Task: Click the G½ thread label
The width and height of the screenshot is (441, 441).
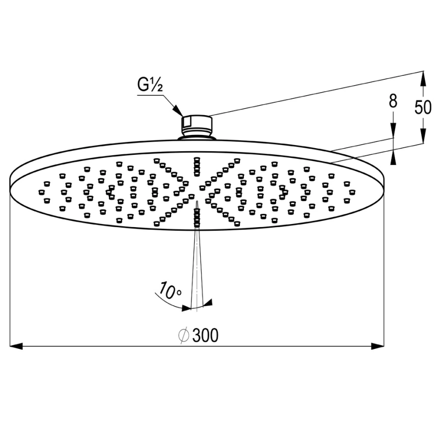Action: coord(150,85)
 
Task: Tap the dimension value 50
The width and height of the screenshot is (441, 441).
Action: coord(423,107)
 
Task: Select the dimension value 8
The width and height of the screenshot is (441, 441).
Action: coord(393,101)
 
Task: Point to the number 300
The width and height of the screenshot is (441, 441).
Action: coord(205,335)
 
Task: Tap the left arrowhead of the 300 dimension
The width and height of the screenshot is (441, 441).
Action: coord(16,346)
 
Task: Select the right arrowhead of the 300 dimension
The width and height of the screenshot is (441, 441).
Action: coord(377,346)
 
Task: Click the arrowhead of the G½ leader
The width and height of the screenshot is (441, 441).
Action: coord(178,110)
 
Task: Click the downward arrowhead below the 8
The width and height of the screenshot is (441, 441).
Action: coord(393,131)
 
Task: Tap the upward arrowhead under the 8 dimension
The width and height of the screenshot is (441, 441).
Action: coord(393,158)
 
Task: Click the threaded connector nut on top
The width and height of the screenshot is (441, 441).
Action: coord(197,126)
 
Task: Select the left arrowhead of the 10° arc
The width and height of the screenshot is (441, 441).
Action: coord(186,308)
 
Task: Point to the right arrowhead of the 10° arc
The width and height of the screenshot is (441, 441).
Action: coord(208,302)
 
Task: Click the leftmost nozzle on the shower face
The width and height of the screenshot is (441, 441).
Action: coord(42,192)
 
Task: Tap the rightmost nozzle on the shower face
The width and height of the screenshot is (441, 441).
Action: coord(351,192)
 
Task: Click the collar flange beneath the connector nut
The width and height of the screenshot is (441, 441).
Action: coord(197,137)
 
